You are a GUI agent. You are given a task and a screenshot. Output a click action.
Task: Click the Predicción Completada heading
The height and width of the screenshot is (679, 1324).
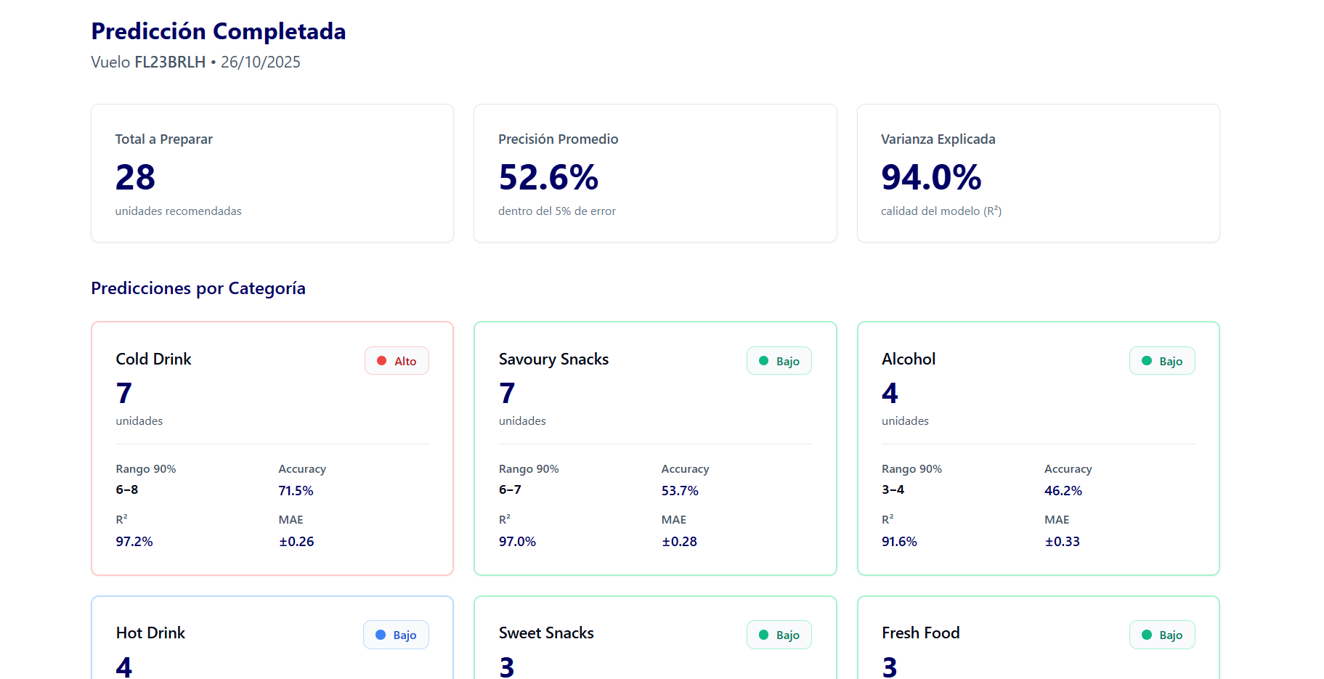218,31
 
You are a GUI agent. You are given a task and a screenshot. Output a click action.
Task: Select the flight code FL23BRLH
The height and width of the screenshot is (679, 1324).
170,62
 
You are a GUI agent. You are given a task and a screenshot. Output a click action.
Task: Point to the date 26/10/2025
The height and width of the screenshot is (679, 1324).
261,62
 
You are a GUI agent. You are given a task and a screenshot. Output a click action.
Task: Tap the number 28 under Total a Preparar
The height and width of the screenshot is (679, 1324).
135,177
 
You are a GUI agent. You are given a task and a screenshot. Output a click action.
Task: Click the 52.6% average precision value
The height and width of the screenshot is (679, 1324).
548,177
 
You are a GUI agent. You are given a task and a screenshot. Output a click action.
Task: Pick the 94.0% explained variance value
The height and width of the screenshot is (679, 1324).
931,177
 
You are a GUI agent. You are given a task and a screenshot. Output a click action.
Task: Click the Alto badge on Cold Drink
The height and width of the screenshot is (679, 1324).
397,361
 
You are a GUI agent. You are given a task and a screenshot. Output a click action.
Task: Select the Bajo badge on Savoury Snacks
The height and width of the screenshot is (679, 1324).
779,361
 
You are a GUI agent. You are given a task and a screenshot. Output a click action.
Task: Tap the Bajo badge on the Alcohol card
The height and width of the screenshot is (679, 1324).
1162,361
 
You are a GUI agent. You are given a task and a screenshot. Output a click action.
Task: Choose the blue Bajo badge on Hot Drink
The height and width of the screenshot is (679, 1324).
396,635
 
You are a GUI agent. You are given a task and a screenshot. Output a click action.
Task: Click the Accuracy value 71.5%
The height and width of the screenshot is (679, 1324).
296,491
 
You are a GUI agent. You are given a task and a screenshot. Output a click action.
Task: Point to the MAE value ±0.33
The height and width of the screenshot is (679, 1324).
1062,542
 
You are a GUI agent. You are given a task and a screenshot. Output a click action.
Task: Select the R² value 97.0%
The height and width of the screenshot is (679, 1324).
517,542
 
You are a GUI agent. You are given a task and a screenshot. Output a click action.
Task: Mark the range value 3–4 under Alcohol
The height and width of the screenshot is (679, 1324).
893,489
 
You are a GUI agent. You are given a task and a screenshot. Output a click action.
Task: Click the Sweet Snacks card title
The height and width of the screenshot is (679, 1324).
546,633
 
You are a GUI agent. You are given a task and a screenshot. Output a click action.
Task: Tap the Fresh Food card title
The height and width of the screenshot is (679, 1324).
920,633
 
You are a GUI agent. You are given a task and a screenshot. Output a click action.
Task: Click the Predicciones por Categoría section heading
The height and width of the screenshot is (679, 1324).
198,288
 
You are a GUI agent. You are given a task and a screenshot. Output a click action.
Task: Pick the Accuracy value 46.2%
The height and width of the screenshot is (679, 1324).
1063,491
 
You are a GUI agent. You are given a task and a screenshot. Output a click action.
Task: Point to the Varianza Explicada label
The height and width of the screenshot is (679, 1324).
938,139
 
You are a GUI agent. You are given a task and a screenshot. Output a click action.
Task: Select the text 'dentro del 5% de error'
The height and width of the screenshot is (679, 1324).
556,211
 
